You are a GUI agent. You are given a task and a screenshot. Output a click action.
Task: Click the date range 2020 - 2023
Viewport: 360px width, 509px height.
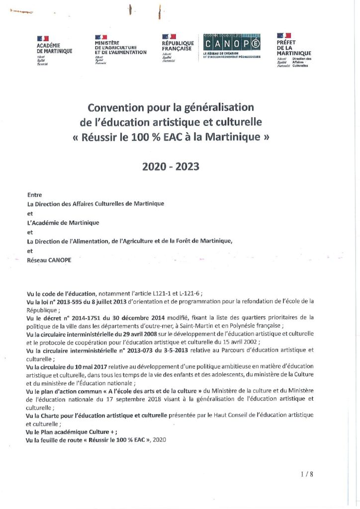pyautogui.click(x=171, y=167)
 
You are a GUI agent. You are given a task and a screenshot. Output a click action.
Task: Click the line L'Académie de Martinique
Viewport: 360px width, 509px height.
pyautogui.click(x=63, y=223)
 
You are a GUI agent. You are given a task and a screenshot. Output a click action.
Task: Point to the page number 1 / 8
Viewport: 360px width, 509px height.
pyautogui.click(x=307, y=474)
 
